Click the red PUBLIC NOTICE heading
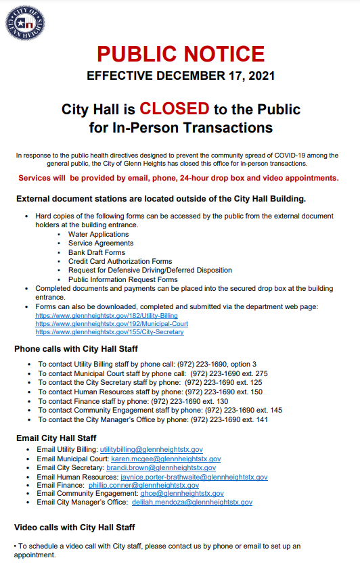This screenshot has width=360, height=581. pyautogui.click(x=180, y=54)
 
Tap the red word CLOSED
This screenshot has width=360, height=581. pyautogui.click(x=175, y=109)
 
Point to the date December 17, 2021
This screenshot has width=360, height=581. pyautogui.click(x=216, y=76)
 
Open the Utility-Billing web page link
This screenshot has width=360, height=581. pyautogui.click(x=106, y=315)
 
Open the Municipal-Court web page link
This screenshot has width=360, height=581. pyautogui.click(x=112, y=323)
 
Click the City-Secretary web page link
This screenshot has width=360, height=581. pyautogui.click(x=109, y=332)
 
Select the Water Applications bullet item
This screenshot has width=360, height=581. pyautogui.click(x=98, y=234)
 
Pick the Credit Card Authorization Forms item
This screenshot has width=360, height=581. pyautogui.click(x=120, y=261)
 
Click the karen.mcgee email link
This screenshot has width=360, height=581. pyautogui.click(x=166, y=459)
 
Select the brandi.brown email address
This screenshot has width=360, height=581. pyautogui.click(x=161, y=467)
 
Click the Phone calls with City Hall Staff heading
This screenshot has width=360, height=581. pyautogui.click(x=76, y=349)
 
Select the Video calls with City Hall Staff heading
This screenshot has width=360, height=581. pyautogui.click(x=74, y=527)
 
